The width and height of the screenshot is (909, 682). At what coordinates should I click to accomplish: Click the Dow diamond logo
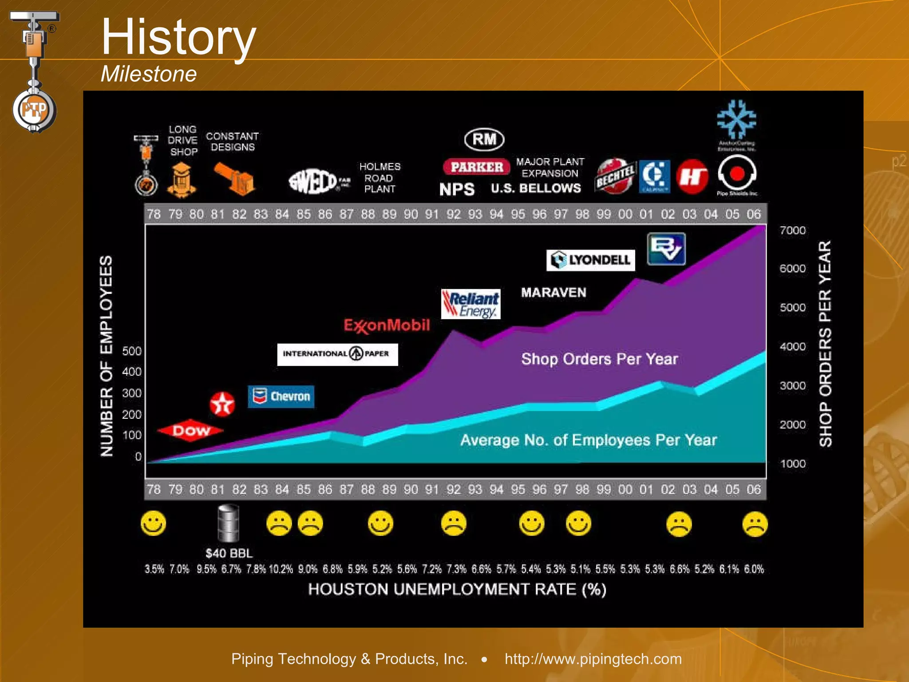tap(190, 430)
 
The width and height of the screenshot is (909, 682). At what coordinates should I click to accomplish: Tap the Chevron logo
tap(281, 396)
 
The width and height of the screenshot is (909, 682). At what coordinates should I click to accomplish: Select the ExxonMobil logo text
tap(387, 325)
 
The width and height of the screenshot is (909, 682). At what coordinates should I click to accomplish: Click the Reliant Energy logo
tap(470, 304)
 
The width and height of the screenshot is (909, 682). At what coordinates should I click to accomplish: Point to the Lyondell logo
tap(590, 260)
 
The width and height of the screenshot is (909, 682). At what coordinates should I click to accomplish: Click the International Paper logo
tap(337, 354)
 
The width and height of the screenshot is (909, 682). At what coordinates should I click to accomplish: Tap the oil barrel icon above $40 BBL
tap(228, 523)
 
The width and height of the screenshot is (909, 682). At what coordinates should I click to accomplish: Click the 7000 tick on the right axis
tap(792, 230)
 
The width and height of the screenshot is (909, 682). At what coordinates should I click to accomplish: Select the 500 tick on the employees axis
tap(132, 351)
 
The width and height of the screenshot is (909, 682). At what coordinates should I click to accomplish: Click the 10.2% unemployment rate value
tap(281, 569)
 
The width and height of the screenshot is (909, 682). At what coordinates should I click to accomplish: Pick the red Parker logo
tap(477, 167)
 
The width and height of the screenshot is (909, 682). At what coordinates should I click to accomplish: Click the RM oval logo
tap(484, 139)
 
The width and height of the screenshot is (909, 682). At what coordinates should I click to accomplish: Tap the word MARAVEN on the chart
tap(553, 292)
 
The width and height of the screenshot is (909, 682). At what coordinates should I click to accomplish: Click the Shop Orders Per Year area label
tap(599, 359)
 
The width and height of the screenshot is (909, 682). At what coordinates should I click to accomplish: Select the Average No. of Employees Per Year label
tap(588, 440)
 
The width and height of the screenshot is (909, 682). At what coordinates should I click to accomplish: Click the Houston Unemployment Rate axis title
tap(457, 589)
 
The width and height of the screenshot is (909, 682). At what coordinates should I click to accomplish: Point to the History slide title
tap(178, 37)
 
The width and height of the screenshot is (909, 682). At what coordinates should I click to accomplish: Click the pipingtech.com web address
tap(593, 659)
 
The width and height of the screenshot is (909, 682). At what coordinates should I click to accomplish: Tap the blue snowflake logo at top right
tap(736, 119)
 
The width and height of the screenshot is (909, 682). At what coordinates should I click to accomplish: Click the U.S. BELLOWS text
tap(536, 188)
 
